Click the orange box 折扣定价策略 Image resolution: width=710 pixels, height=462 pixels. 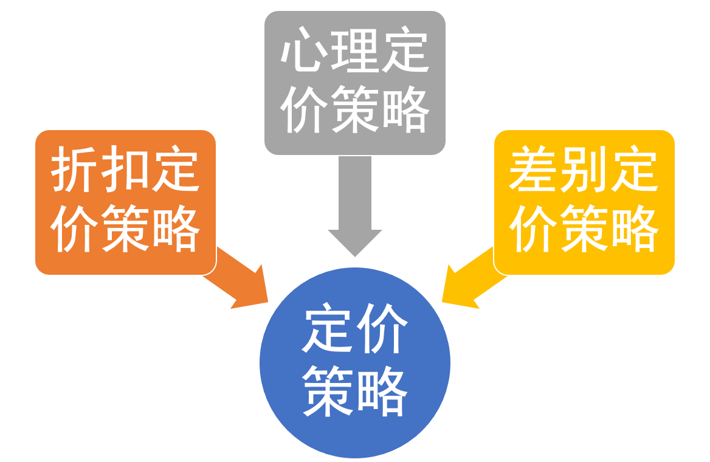pos(125,202)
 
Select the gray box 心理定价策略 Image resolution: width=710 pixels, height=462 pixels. pos(354,82)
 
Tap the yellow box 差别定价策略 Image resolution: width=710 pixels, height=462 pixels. pos(584,202)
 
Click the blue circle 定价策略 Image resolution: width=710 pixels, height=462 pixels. pos(355,363)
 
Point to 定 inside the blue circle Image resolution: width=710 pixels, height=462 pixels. pos(328,331)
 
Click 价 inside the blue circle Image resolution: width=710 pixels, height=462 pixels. pos(382,331)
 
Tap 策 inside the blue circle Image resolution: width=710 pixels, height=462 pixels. pos(328,392)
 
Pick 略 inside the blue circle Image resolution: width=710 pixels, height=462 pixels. pos(382,392)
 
